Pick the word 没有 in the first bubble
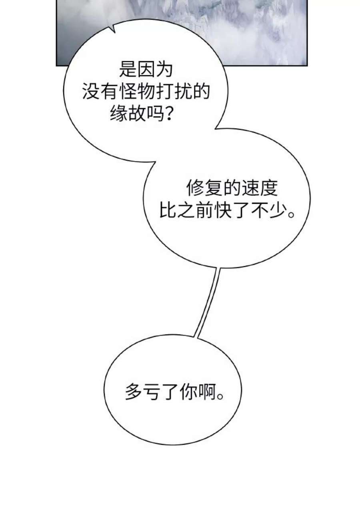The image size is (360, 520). tap(100, 93)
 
